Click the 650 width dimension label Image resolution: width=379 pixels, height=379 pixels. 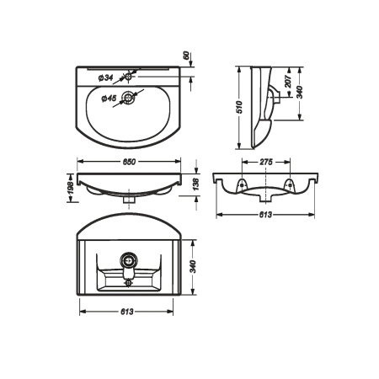(x=129, y=162)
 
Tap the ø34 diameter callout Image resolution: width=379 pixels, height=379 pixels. (x=105, y=77)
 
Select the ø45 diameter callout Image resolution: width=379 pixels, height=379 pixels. (x=109, y=99)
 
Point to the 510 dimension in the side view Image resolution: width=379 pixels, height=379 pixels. (x=239, y=107)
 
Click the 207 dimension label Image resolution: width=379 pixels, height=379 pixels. (x=288, y=82)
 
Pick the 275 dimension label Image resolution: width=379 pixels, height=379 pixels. (x=266, y=162)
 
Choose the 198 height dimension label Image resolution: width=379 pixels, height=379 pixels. (x=71, y=188)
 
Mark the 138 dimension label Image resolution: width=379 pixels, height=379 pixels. (x=196, y=184)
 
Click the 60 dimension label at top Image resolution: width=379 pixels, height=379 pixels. (x=186, y=56)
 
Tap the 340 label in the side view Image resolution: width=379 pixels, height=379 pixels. (x=300, y=93)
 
